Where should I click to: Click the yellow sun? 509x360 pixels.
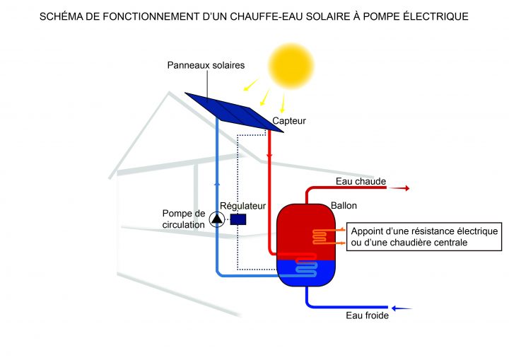[290, 64]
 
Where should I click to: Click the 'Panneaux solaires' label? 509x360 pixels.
[206, 65]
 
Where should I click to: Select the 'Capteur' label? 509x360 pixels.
[289, 121]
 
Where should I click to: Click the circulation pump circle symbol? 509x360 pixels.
[216, 219]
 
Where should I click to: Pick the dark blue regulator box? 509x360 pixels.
[238, 219]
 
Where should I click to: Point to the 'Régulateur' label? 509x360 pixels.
[242, 206]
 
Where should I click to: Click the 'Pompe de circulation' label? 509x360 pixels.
[183, 219]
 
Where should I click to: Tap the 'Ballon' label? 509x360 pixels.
[344, 205]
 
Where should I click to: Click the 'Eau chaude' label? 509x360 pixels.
[361, 182]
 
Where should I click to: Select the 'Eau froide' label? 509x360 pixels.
[367, 316]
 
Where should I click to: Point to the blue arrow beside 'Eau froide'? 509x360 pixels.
[402, 308]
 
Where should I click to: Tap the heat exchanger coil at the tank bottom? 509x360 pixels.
[306, 266]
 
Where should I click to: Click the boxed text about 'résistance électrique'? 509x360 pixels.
[424, 237]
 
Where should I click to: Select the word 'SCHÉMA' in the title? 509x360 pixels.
[64, 16]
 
